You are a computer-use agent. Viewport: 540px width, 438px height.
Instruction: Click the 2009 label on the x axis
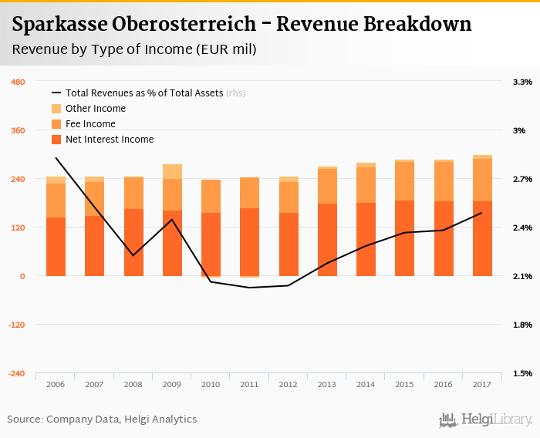point(172,383)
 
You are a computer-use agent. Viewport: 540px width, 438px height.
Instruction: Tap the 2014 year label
point(366,383)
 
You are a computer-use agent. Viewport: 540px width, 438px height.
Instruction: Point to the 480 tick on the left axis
point(18,82)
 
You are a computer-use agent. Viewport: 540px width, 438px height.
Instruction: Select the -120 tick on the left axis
point(16,325)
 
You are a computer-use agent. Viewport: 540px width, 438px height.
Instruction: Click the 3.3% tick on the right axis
point(522,82)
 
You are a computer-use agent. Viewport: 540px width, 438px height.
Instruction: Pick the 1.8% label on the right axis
point(522,325)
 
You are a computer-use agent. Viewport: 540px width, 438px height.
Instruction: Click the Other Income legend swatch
point(56,109)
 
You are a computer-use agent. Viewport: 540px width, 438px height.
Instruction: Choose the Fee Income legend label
point(90,124)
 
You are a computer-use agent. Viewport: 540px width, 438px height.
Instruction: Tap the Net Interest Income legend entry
point(110,140)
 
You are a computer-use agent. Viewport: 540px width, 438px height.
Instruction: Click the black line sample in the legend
point(56,93)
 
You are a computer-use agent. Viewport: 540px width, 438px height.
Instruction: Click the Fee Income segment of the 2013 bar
point(327,186)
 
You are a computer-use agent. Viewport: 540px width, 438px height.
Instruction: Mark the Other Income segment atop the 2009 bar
point(172,171)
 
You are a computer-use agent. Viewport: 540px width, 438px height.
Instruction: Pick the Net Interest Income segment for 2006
point(56,247)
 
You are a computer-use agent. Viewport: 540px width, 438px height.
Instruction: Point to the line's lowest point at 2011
point(249,288)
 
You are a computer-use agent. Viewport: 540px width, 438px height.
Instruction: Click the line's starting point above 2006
point(56,158)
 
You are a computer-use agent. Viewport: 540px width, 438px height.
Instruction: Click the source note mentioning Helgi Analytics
point(102,419)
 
